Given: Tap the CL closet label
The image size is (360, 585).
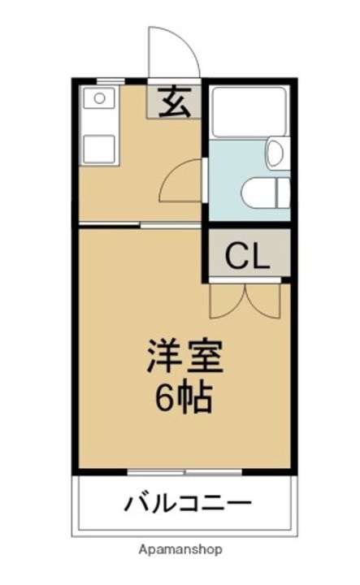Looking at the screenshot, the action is coord(247,256).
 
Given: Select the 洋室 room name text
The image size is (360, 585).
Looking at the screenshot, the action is coord(184,357).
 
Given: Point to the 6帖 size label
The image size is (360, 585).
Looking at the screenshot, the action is coord(184,396).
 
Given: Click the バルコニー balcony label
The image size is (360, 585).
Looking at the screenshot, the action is coord(188,504).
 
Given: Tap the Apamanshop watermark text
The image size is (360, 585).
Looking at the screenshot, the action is coord(180,549).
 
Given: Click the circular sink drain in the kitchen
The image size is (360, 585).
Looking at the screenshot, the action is coord(100,98).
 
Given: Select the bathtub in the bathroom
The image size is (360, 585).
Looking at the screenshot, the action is coord(249,112).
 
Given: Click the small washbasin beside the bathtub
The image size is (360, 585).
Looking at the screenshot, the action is coord(275,153).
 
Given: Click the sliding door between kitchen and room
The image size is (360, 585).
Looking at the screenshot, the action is coord(140,224).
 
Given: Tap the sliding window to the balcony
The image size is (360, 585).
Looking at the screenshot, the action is coord(185,472).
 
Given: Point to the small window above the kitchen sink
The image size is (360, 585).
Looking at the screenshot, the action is coord(111,80).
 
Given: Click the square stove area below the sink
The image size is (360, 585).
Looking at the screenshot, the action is coord(99,149).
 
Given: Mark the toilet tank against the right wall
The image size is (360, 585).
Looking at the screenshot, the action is coord(283,193).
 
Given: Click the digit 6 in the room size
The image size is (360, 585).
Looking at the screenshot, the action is coord(163,396).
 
